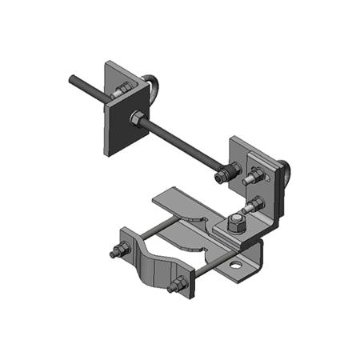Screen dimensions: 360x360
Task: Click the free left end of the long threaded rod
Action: [x=72, y=79]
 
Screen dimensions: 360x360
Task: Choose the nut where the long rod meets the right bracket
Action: [x=233, y=170]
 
